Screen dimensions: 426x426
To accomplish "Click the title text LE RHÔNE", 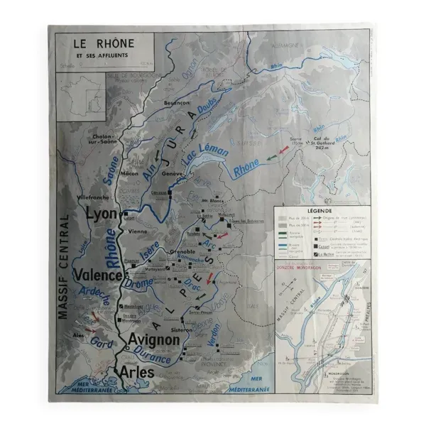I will point(104,43).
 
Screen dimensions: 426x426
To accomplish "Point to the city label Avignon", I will point(153,340).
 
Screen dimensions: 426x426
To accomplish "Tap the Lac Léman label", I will point(206,154).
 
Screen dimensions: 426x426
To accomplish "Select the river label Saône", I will point(114,171).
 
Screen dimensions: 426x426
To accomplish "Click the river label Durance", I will point(151,357).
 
